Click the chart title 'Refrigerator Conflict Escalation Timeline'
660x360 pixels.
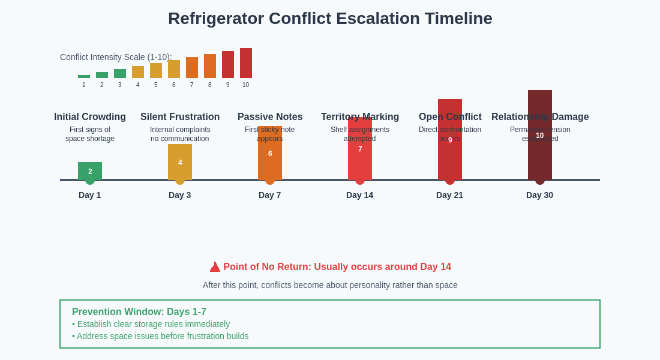pyautogui.click(x=330, y=19)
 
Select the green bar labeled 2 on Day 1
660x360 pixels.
pyautogui.click(x=90, y=170)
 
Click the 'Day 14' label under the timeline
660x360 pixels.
pyautogui.click(x=359, y=195)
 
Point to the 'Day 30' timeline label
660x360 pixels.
pyautogui.click(x=539, y=195)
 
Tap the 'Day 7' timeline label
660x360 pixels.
pyautogui.click(x=269, y=195)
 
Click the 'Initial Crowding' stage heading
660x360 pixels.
pyautogui.click(x=90, y=117)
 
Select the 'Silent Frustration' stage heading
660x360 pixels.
pyautogui.click(x=180, y=117)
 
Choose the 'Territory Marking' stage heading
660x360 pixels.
pyautogui.click(x=360, y=117)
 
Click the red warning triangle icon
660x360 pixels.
pyautogui.click(x=215, y=267)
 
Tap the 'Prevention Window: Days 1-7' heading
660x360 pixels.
pyautogui.click(x=139, y=312)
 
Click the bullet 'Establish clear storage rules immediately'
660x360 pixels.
pyautogui.click(x=151, y=324)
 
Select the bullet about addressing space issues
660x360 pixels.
pyautogui.click(x=160, y=336)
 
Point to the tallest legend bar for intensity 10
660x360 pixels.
pyautogui.click(x=246, y=63)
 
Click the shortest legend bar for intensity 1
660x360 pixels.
pyautogui.click(x=84, y=76)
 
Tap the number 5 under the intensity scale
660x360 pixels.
pyautogui.click(x=156, y=85)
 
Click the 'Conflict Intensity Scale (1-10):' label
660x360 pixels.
pyautogui.click(x=116, y=57)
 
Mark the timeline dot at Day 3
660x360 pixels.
pyautogui.click(x=180, y=180)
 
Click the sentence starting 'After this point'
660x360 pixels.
pyautogui.click(x=330, y=285)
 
